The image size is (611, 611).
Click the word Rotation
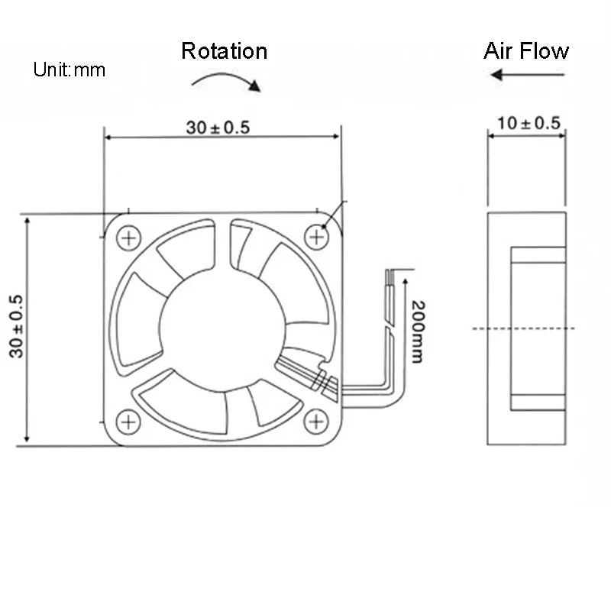[x=224, y=51]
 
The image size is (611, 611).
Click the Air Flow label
[x=525, y=51]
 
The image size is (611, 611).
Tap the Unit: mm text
[x=69, y=70]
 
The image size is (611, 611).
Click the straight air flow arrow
[x=527, y=75]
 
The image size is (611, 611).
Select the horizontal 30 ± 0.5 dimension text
[x=218, y=127]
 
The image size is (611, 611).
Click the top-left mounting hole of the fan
[x=128, y=238]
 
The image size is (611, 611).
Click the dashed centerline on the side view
[x=527, y=329]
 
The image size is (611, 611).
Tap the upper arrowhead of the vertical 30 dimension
[x=27, y=221]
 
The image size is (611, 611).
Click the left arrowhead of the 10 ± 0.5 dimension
[x=492, y=137]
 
